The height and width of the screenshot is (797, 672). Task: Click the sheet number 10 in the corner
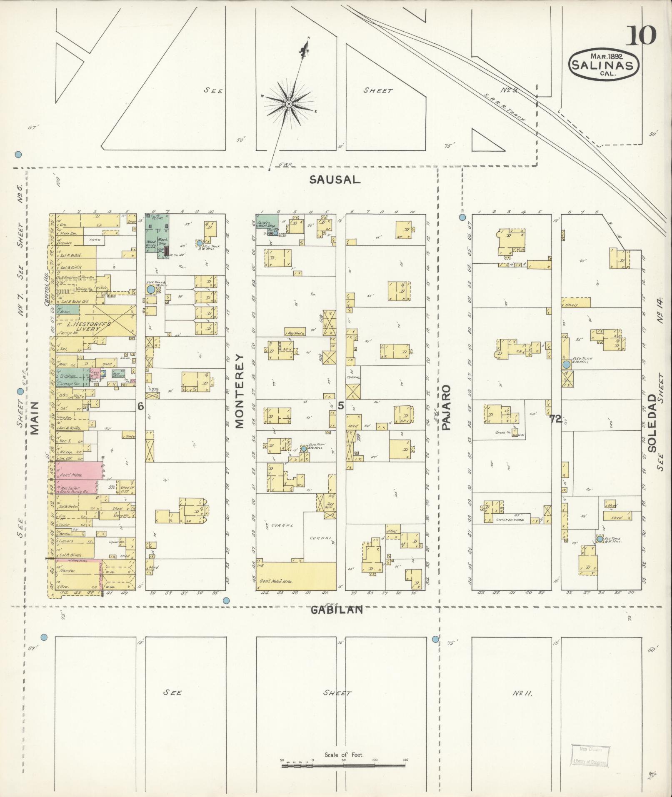coord(640,35)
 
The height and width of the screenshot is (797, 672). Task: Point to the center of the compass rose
coord(289,103)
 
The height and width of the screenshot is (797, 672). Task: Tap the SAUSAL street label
coord(335,180)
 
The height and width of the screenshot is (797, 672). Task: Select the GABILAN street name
coord(337,610)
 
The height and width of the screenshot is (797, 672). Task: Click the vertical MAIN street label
coord(34,418)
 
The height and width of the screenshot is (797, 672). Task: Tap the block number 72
coord(555,419)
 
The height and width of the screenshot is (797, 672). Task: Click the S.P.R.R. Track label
coord(505,107)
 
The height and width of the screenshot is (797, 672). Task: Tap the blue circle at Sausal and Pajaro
coord(462,217)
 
